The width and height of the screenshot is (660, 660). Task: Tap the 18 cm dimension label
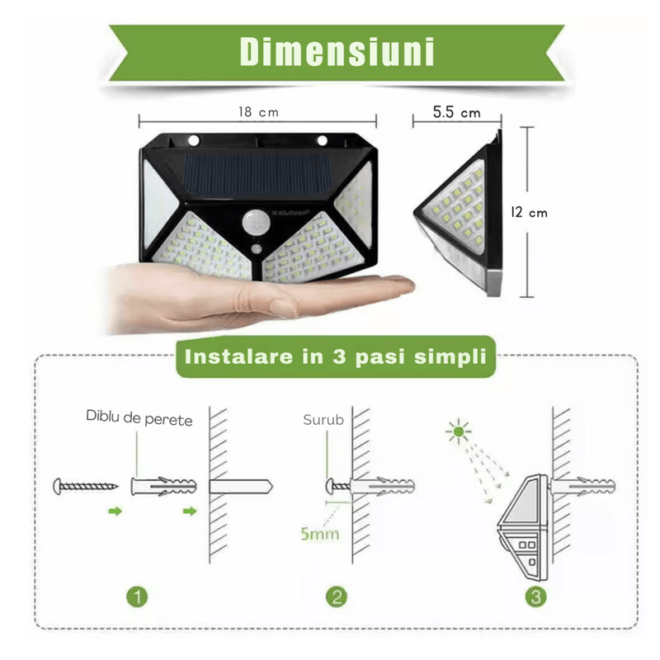[257, 112]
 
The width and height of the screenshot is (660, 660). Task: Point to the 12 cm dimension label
[528, 212]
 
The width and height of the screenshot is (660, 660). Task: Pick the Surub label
[323, 419]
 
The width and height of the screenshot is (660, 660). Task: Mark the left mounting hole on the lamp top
[195, 139]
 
